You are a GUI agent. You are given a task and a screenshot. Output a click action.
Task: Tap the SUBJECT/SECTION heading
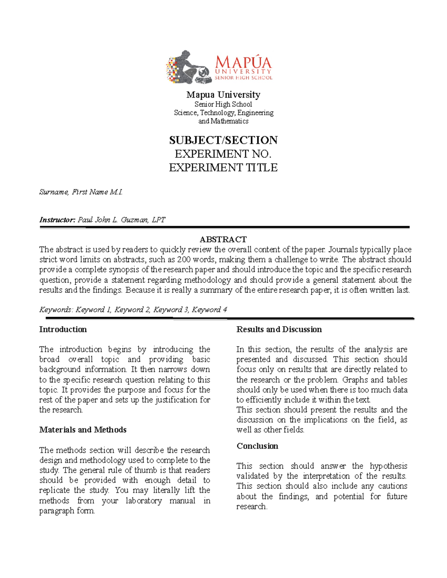[x=223, y=140]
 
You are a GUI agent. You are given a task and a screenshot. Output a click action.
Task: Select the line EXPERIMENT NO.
[x=223, y=154]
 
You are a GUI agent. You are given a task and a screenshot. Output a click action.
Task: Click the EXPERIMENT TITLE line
[x=223, y=168]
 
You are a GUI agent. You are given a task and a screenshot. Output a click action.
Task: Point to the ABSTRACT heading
[x=223, y=239]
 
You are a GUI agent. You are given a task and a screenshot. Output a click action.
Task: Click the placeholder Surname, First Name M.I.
[x=81, y=192]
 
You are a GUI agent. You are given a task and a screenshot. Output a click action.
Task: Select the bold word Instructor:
[x=57, y=220]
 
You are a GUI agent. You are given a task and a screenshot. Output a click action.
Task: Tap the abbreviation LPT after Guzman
[x=158, y=220]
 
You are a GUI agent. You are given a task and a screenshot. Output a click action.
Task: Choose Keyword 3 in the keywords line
[x=171, y=310]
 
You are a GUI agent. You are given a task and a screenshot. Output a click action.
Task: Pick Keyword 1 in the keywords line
[x=93, y=310]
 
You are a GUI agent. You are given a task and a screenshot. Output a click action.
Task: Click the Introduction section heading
[x=63, y=329]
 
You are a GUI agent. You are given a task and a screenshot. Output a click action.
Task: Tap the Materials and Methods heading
[x=83, y=430]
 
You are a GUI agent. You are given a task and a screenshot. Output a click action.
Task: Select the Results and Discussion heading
[x=279, y=329]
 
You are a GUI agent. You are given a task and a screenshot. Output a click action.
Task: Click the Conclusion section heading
[x=257, y=446]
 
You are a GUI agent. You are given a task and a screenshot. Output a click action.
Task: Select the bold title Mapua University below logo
[x=223, y=95]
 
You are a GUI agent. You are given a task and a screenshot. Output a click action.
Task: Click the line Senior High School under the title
[x=223, y=105]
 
